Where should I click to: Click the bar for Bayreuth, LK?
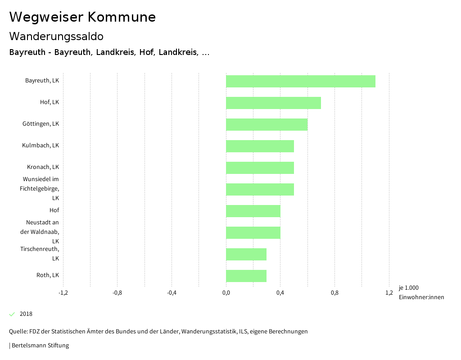click(x=300, y=81)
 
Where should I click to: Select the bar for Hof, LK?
click(x=273, y=103)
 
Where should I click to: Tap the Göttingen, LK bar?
click(x=267, y=124)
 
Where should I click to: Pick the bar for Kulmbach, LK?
click(x=260, y=146)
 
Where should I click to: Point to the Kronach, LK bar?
click(x=260, y=168)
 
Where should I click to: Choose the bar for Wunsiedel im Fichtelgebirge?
click(x=260, y=189)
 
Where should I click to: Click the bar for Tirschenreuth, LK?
click(x=246, y=254)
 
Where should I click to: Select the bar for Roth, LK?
click(x=246, y=276)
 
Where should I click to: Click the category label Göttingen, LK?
click(x=41, y=124)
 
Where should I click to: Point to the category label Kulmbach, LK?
click(x=41, y=146)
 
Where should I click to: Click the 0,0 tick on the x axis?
click(x=226, y=293)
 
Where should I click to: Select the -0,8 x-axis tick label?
click(x=117, y=293)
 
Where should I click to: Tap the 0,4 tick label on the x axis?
click(x=280, y=293)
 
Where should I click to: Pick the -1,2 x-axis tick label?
click(x=63, y=293)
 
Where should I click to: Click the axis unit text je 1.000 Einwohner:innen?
click(x=421, y=292)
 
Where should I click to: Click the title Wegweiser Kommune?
click(x=82, y=17)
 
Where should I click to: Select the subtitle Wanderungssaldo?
click(x=56, y=36)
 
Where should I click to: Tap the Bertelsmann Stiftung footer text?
click(x=40, y=346)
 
